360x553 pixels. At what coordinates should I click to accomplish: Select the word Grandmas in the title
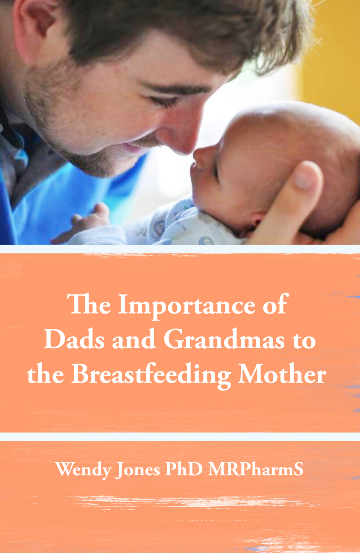tap(223, 340)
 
